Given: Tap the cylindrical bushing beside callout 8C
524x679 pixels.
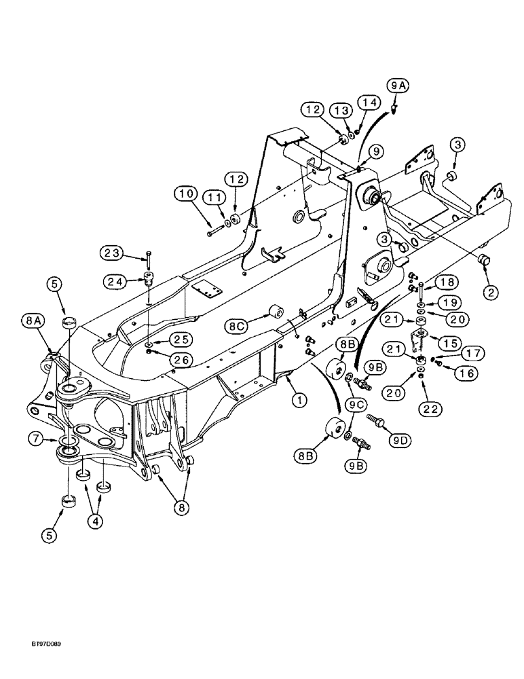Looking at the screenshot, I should click(276, 314).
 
